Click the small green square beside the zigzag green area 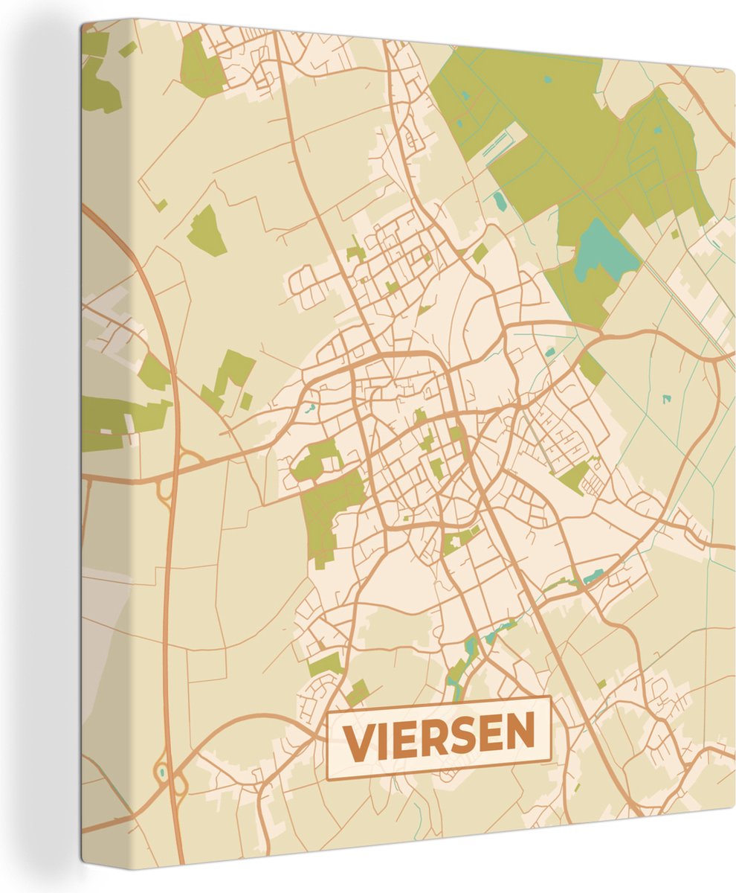(245, 400)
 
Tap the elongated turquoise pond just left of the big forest (499, 199)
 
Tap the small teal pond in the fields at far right (667, 399)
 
